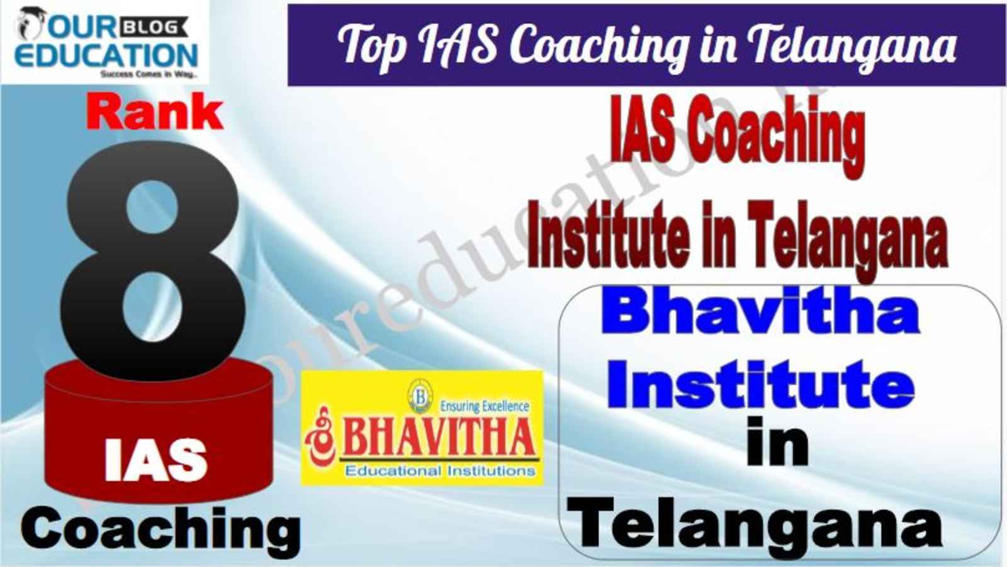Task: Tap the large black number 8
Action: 153,260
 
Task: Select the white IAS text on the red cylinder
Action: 156,460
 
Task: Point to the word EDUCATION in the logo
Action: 106,55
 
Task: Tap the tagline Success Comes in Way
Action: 149,74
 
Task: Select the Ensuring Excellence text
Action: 484,406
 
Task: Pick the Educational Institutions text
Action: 440,471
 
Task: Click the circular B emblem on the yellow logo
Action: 420,396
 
